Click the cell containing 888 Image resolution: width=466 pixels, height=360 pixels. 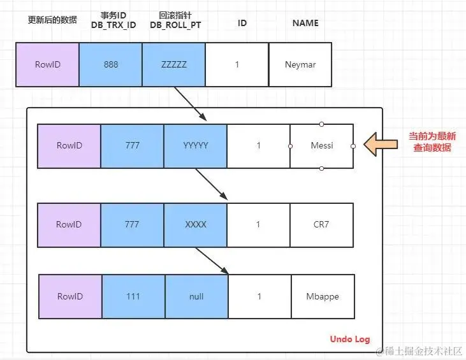tap(110, 64)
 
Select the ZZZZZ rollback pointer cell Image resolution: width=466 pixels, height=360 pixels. tap(173, 64)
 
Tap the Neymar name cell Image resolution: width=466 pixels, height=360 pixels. tap(300, 64)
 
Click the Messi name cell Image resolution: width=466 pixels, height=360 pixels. tap(322, 146)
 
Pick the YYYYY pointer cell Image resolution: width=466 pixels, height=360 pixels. tap(195, 146)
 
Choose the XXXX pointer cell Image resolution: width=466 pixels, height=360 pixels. tap(195, 225)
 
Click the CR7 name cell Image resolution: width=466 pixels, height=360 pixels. tap(322, 225)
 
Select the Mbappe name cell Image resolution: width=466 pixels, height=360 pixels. tap(323, 296)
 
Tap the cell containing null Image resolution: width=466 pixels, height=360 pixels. tap(196, 296)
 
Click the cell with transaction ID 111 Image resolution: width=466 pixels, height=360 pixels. tap(133, 296)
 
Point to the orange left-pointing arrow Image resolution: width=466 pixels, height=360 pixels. tap(381, 145)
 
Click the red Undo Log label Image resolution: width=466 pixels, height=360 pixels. tap(349, 339)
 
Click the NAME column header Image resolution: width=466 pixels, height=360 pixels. tap(305, 24)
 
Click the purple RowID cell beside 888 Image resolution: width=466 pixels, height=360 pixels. tap(48, 64)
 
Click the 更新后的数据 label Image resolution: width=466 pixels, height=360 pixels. tap(52, 20)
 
